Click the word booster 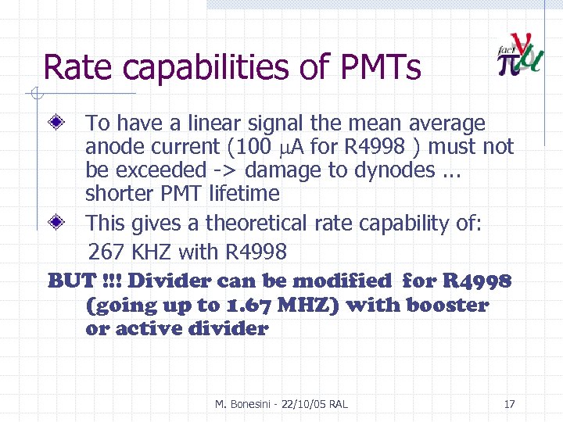click(x=445, y=305)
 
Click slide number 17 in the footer click(x=510, y=404)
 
